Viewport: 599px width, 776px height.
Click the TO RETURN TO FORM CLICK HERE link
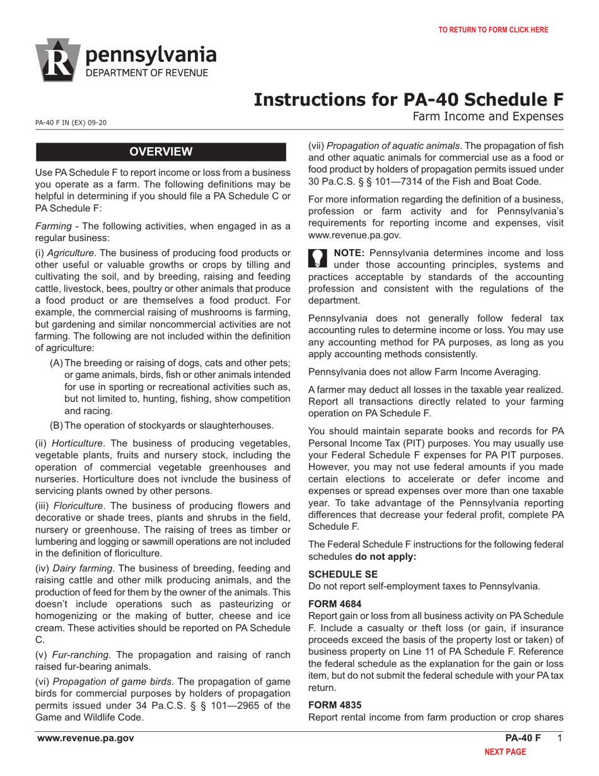[x=493, y=30]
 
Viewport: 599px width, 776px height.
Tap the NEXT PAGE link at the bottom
[x=504, y=752]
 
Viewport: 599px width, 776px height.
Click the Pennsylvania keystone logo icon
[x=57, y=60]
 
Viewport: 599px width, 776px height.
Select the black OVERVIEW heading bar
[x=161, y=151]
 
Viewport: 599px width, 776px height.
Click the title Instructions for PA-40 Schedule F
[x=408, y=100]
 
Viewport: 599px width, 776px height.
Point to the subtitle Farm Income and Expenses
[x=487, y=116]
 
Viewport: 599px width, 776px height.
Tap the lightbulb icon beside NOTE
[x=318, y=257]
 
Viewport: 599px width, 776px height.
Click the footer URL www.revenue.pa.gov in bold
[x=85, y=739]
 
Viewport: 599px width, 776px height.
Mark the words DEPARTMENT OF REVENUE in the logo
[x=146, y=73]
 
